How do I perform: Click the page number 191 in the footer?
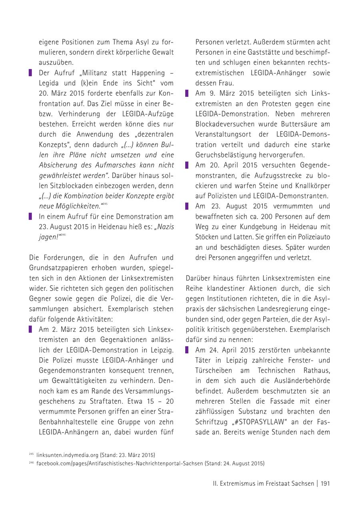[324, 484]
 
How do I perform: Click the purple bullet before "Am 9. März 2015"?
[186, 94]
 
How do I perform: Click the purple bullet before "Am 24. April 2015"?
[186, 350]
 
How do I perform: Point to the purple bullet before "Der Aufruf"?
[30, 73]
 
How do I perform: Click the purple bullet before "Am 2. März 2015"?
[30, 330]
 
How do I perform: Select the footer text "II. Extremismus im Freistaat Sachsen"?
[263, 484]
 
